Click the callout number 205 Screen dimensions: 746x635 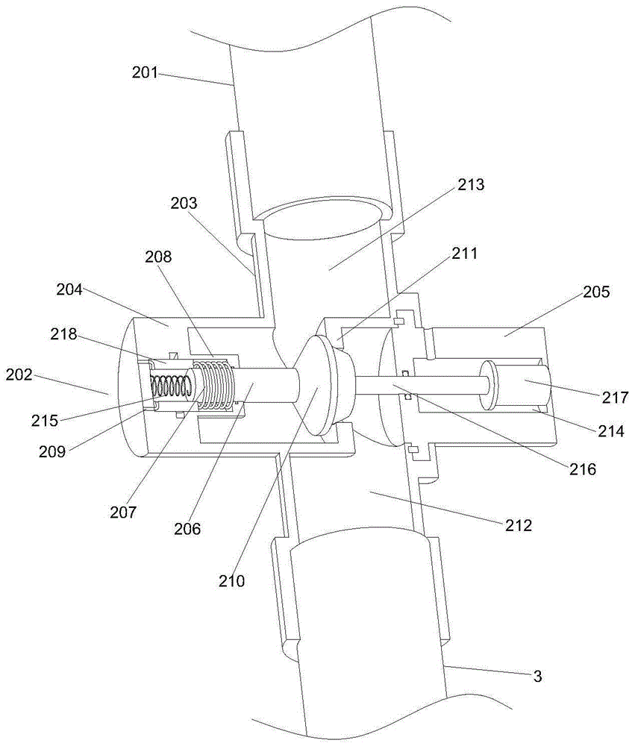point(594,292)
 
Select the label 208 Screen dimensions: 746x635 point(158,257)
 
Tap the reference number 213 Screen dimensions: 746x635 point(468,185)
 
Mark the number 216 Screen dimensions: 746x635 point(581,469)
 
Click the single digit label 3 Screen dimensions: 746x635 point(537,677)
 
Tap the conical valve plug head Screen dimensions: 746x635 point(318,384)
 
